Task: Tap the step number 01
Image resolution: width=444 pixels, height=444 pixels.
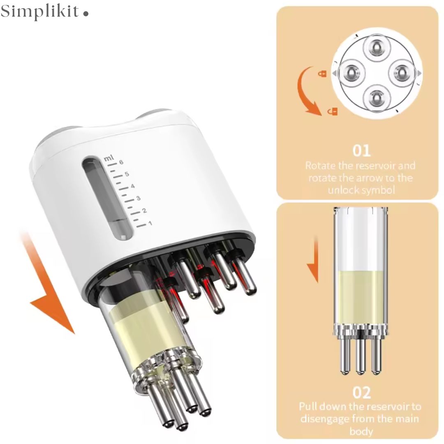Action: [362, 150]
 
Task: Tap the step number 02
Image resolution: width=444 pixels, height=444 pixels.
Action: [362, 393]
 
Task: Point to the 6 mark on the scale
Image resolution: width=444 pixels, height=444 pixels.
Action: [121, 162]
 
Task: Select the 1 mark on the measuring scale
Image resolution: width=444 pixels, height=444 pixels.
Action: [150, 223]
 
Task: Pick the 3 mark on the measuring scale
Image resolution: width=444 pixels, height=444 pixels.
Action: [139, 198]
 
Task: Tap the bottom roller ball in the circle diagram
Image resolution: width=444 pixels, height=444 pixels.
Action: [377, 98]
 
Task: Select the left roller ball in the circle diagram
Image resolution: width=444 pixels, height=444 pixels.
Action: [352, 73]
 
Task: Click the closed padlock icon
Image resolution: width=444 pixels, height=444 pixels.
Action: [322, 74]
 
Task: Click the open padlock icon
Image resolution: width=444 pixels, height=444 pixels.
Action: [333, 111]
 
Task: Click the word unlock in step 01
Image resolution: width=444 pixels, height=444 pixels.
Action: [342, 190]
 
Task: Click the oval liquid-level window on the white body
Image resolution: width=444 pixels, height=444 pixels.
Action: [108, 199]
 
